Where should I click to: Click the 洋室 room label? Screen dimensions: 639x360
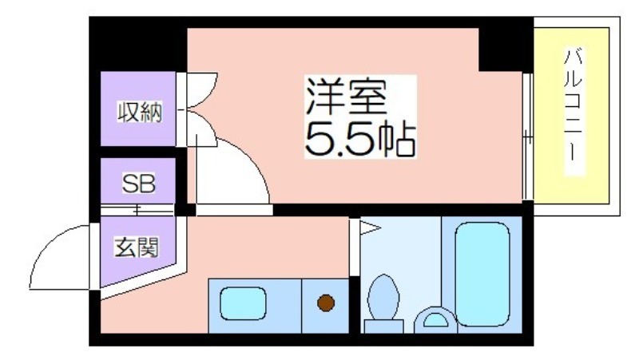346,97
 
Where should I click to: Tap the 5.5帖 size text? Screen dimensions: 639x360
360,139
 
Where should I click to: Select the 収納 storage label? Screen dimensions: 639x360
140,112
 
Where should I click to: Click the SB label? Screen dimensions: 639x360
138,184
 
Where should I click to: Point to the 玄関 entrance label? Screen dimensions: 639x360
136,247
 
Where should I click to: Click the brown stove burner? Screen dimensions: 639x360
326,303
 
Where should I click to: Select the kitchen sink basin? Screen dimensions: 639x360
243,303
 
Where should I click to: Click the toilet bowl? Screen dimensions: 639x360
383,296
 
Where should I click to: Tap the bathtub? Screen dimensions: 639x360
482,274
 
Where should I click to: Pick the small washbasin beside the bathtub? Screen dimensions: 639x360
435,319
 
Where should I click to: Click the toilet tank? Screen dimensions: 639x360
383,326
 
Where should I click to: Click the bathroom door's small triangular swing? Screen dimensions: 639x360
369,227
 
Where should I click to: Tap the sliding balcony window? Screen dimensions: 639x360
528,136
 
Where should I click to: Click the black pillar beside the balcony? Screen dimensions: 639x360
506,45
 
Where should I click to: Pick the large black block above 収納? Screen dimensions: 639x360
137,44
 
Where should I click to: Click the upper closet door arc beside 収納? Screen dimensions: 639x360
201,90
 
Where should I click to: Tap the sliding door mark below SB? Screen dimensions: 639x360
137,210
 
